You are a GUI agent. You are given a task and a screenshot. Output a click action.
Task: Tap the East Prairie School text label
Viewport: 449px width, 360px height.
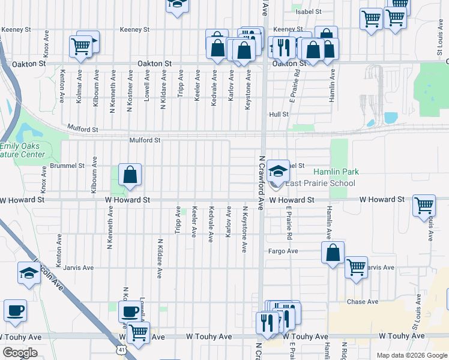click(320, 184)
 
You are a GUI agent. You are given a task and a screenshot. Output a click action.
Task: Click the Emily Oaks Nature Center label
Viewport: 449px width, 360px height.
click(22, 150)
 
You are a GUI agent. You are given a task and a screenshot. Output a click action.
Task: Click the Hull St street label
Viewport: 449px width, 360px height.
click(279, 114)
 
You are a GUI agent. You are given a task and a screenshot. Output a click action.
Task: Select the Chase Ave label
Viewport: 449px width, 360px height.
click(363, 302)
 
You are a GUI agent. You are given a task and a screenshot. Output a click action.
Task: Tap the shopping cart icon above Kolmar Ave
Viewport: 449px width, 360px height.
click(80, 46)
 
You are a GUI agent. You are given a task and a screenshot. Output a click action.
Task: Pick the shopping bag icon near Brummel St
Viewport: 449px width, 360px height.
click(130, 176)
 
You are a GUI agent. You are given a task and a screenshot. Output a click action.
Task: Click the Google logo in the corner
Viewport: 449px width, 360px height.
click(20, 353)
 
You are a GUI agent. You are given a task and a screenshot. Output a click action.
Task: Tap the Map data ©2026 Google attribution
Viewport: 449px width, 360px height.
click(412, 355)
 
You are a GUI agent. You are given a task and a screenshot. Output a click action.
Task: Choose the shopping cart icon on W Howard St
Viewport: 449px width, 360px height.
click(424, 206)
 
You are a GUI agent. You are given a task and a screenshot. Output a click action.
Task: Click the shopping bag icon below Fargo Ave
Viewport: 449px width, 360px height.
click(333, 253)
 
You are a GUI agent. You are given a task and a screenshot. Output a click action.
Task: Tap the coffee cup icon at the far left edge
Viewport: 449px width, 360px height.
click(15, 311)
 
